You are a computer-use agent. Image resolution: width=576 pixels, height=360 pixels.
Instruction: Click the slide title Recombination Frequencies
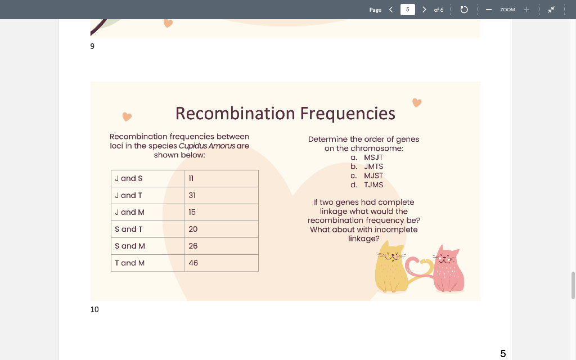[285, 113]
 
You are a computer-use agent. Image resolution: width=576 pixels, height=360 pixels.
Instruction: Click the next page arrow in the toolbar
[424, 10]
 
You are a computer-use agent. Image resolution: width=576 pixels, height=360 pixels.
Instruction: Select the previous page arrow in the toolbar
[391, 10]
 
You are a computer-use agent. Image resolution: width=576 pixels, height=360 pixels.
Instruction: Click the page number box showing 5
[407, 10]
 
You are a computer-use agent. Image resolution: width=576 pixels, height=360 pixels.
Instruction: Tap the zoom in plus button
[526, 10]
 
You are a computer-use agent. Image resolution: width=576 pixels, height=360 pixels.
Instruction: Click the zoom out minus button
[489, 10]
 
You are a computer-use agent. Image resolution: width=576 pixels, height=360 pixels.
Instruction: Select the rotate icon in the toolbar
[464, 10]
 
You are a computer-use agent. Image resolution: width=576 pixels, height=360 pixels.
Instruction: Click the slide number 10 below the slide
[94, 309]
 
